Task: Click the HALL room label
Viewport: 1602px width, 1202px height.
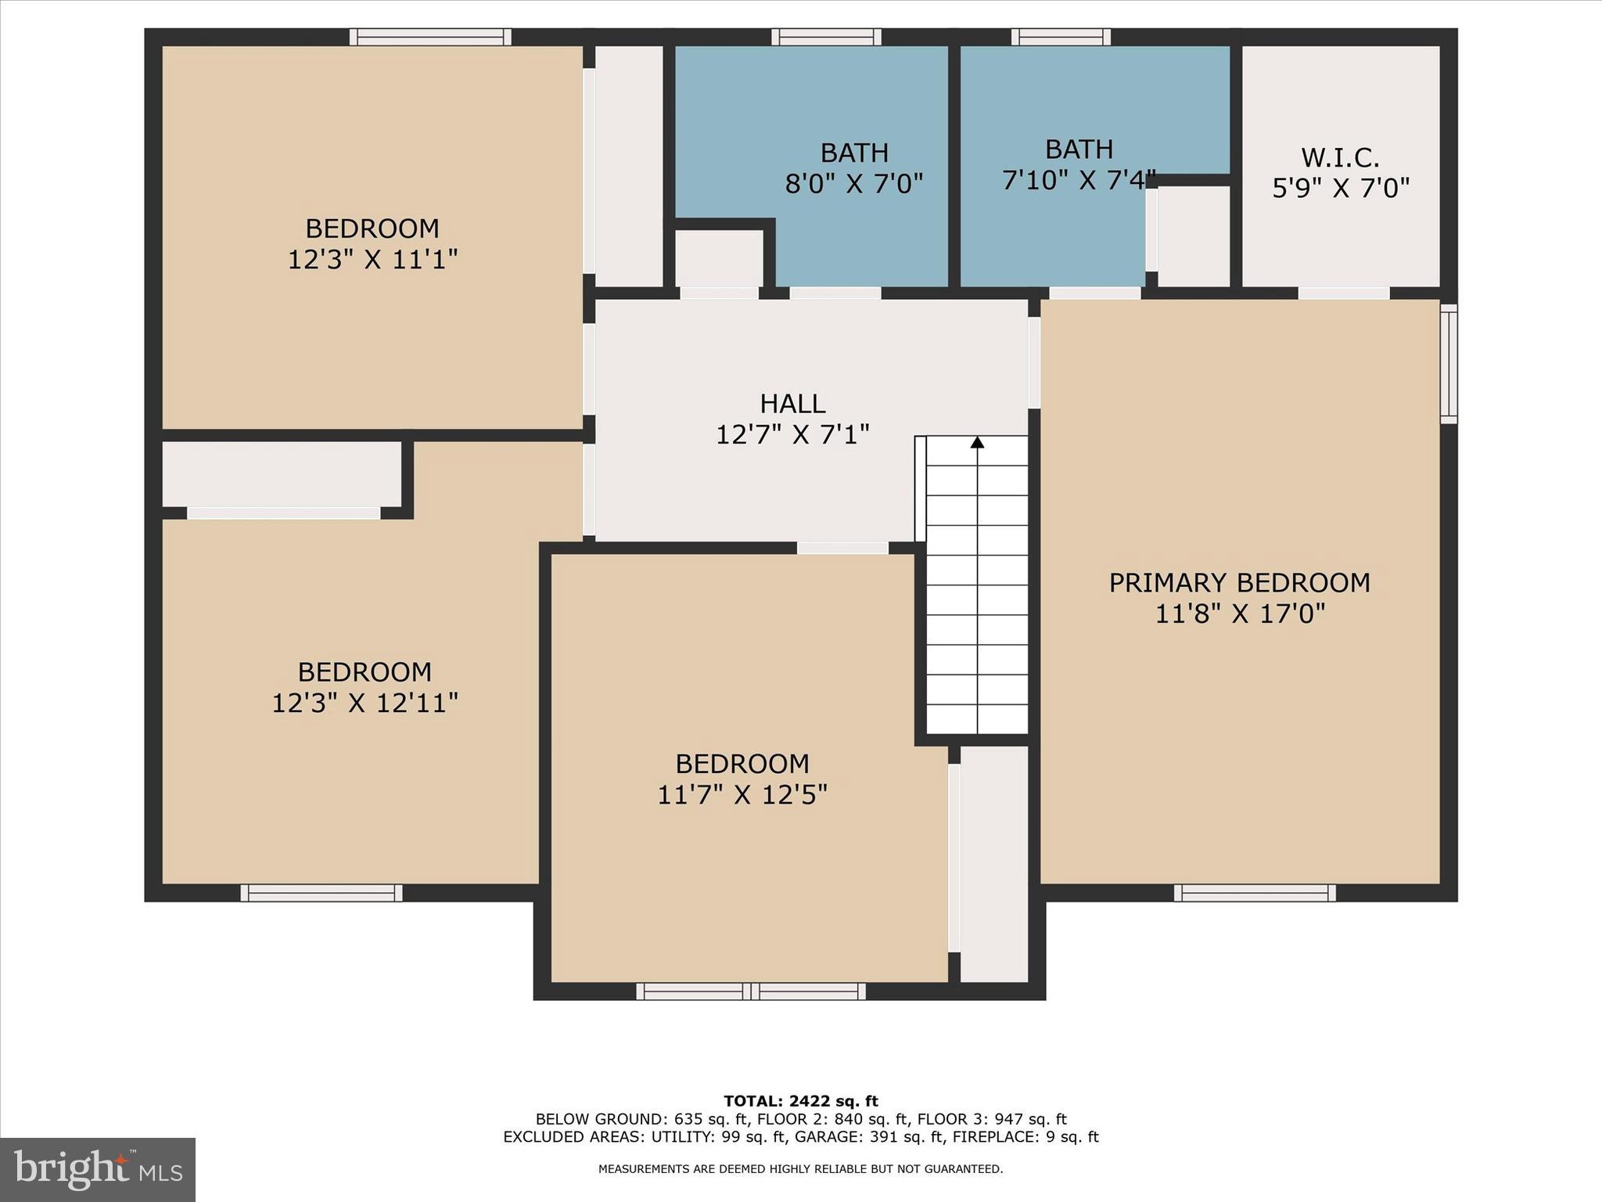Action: pyautogui.click(x=792, y=404)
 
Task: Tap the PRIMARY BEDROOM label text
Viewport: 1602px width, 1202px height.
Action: pyautogui.click(x=1239, y=583)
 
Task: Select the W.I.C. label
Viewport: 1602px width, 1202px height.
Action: pyautogui.click(x=1340, y=158)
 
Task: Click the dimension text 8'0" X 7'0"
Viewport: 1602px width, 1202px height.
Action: pyautogui.click(x=854, y=184)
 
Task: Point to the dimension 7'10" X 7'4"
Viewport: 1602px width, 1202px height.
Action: pyautogui.click(x=1079, y=181)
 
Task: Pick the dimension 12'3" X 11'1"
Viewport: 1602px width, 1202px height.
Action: pyautogui.click(x=372, y=259)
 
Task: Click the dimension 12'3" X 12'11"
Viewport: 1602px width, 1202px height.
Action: pyautogui.click(x=365, y=703)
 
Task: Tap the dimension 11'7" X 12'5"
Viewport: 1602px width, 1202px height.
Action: pyautogui.click(x=742, y=795)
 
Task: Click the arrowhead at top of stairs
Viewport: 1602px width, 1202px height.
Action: pyautogui.click(x=977, y=443)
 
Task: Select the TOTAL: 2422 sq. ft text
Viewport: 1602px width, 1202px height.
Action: pyautogui.click(x=800, y=1101)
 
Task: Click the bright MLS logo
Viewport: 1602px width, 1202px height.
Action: pyautogui.click(x=98, y=1169)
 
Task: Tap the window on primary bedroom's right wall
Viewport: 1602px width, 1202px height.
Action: pyautogui.click(x=1449, y=364)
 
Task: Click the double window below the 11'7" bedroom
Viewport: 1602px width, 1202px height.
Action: pyautogui.click(x=751, y=991)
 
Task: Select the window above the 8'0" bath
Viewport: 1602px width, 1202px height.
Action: pyautogui.click(x=826, y=37)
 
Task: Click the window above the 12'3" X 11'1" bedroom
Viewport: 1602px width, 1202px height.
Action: pyautogui.click(x=430, y=37)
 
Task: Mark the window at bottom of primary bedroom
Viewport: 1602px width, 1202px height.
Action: pyautogui.click(x=1255, y=893)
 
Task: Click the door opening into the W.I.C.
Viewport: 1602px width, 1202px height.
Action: pyautogui.click(x=1344, y=293)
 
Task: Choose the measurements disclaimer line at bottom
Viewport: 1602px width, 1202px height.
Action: pyautogui.click(x=800, y=1169)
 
